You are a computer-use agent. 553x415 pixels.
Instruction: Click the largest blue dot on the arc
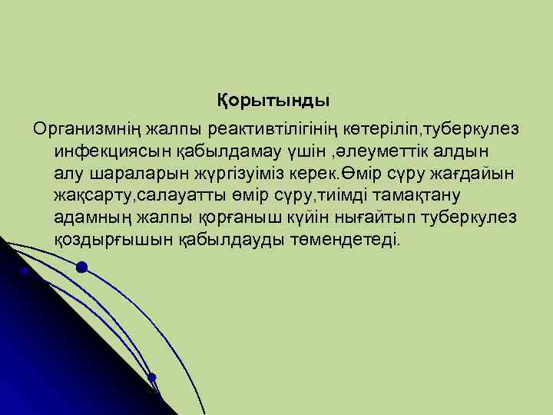tap(81, 267)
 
